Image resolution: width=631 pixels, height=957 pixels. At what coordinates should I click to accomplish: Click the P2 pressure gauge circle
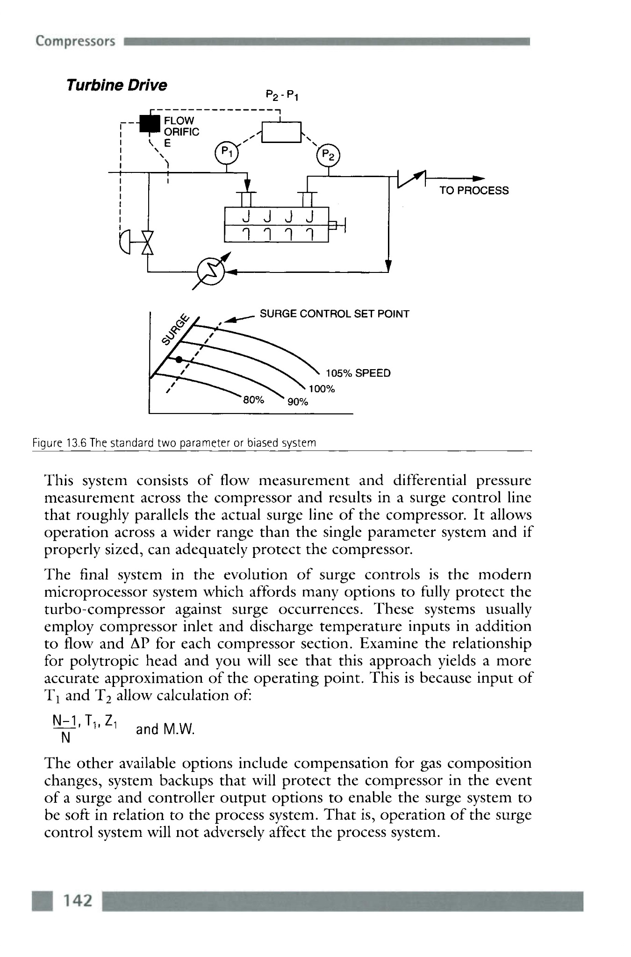[x=329, y=154]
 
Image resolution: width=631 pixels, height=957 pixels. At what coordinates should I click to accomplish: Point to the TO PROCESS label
[x=473, y=191]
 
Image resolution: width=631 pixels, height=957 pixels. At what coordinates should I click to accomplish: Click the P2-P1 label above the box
[x=282, y=96]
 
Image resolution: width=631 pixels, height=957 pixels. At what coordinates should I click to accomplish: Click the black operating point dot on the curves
[x=179, y=359]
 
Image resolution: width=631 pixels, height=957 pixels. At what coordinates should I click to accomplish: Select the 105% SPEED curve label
[x=358, y=373]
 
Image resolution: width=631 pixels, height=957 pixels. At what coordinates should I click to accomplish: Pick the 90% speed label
[x=298, y=402]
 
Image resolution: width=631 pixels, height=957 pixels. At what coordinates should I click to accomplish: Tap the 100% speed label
[x=322, y=389]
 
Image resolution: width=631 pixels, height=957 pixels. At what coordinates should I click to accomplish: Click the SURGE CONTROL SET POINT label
[x=334, y=314]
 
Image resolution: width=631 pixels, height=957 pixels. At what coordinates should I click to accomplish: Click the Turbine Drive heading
[x=116, y=86]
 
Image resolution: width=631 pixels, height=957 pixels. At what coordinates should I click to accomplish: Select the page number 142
[x=78, y=900]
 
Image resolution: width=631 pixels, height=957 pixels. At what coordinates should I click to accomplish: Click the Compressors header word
[x=75, y=41]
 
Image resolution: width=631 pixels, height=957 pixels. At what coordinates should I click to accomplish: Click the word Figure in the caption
[x=45, y=443]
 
